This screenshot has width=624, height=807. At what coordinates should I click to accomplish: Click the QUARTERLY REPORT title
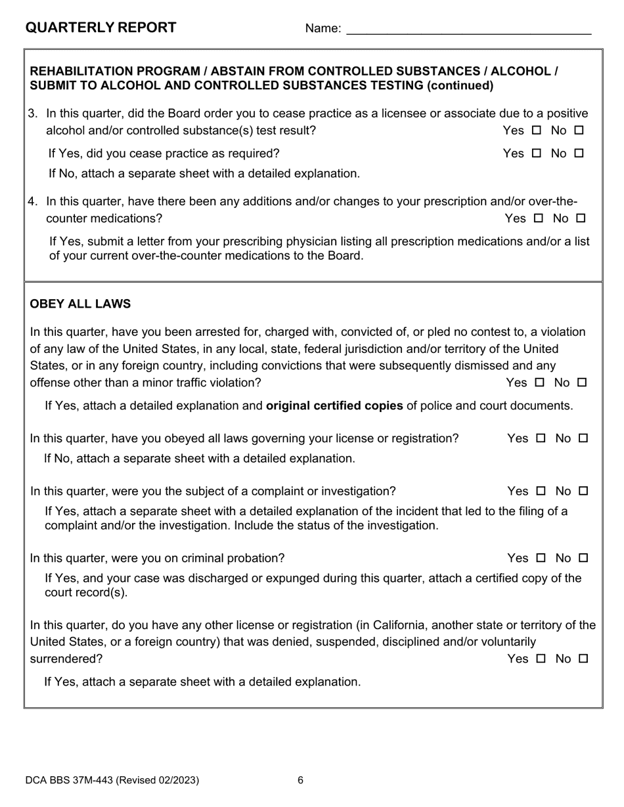(100, 28)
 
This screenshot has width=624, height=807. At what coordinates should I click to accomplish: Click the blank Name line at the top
(468, 29)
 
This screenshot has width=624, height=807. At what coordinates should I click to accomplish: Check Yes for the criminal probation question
(541, 558)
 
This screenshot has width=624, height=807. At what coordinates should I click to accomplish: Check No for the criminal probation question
(583, 558)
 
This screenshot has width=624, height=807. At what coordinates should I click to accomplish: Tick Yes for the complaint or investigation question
(541, 491)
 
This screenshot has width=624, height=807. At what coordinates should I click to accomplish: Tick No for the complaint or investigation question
(583, 491)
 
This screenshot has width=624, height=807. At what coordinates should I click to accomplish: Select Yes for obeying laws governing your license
(541, 438)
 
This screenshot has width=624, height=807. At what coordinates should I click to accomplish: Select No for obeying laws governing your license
(583, 438)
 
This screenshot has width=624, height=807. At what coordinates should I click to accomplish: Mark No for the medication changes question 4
(581, 218)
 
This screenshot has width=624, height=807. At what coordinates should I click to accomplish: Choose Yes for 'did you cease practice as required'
(537, 154)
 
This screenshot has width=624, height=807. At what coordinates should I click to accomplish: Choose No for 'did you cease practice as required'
(579, 154)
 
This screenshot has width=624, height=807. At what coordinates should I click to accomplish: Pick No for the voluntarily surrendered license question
(583, 659)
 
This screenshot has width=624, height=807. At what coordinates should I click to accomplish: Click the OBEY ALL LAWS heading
(80, 304)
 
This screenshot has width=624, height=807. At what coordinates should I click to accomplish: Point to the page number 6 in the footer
(300, 780)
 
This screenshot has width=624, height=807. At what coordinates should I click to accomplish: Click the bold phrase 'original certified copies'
(334, 405)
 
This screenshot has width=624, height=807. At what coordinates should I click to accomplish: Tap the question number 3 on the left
(33, 114)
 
